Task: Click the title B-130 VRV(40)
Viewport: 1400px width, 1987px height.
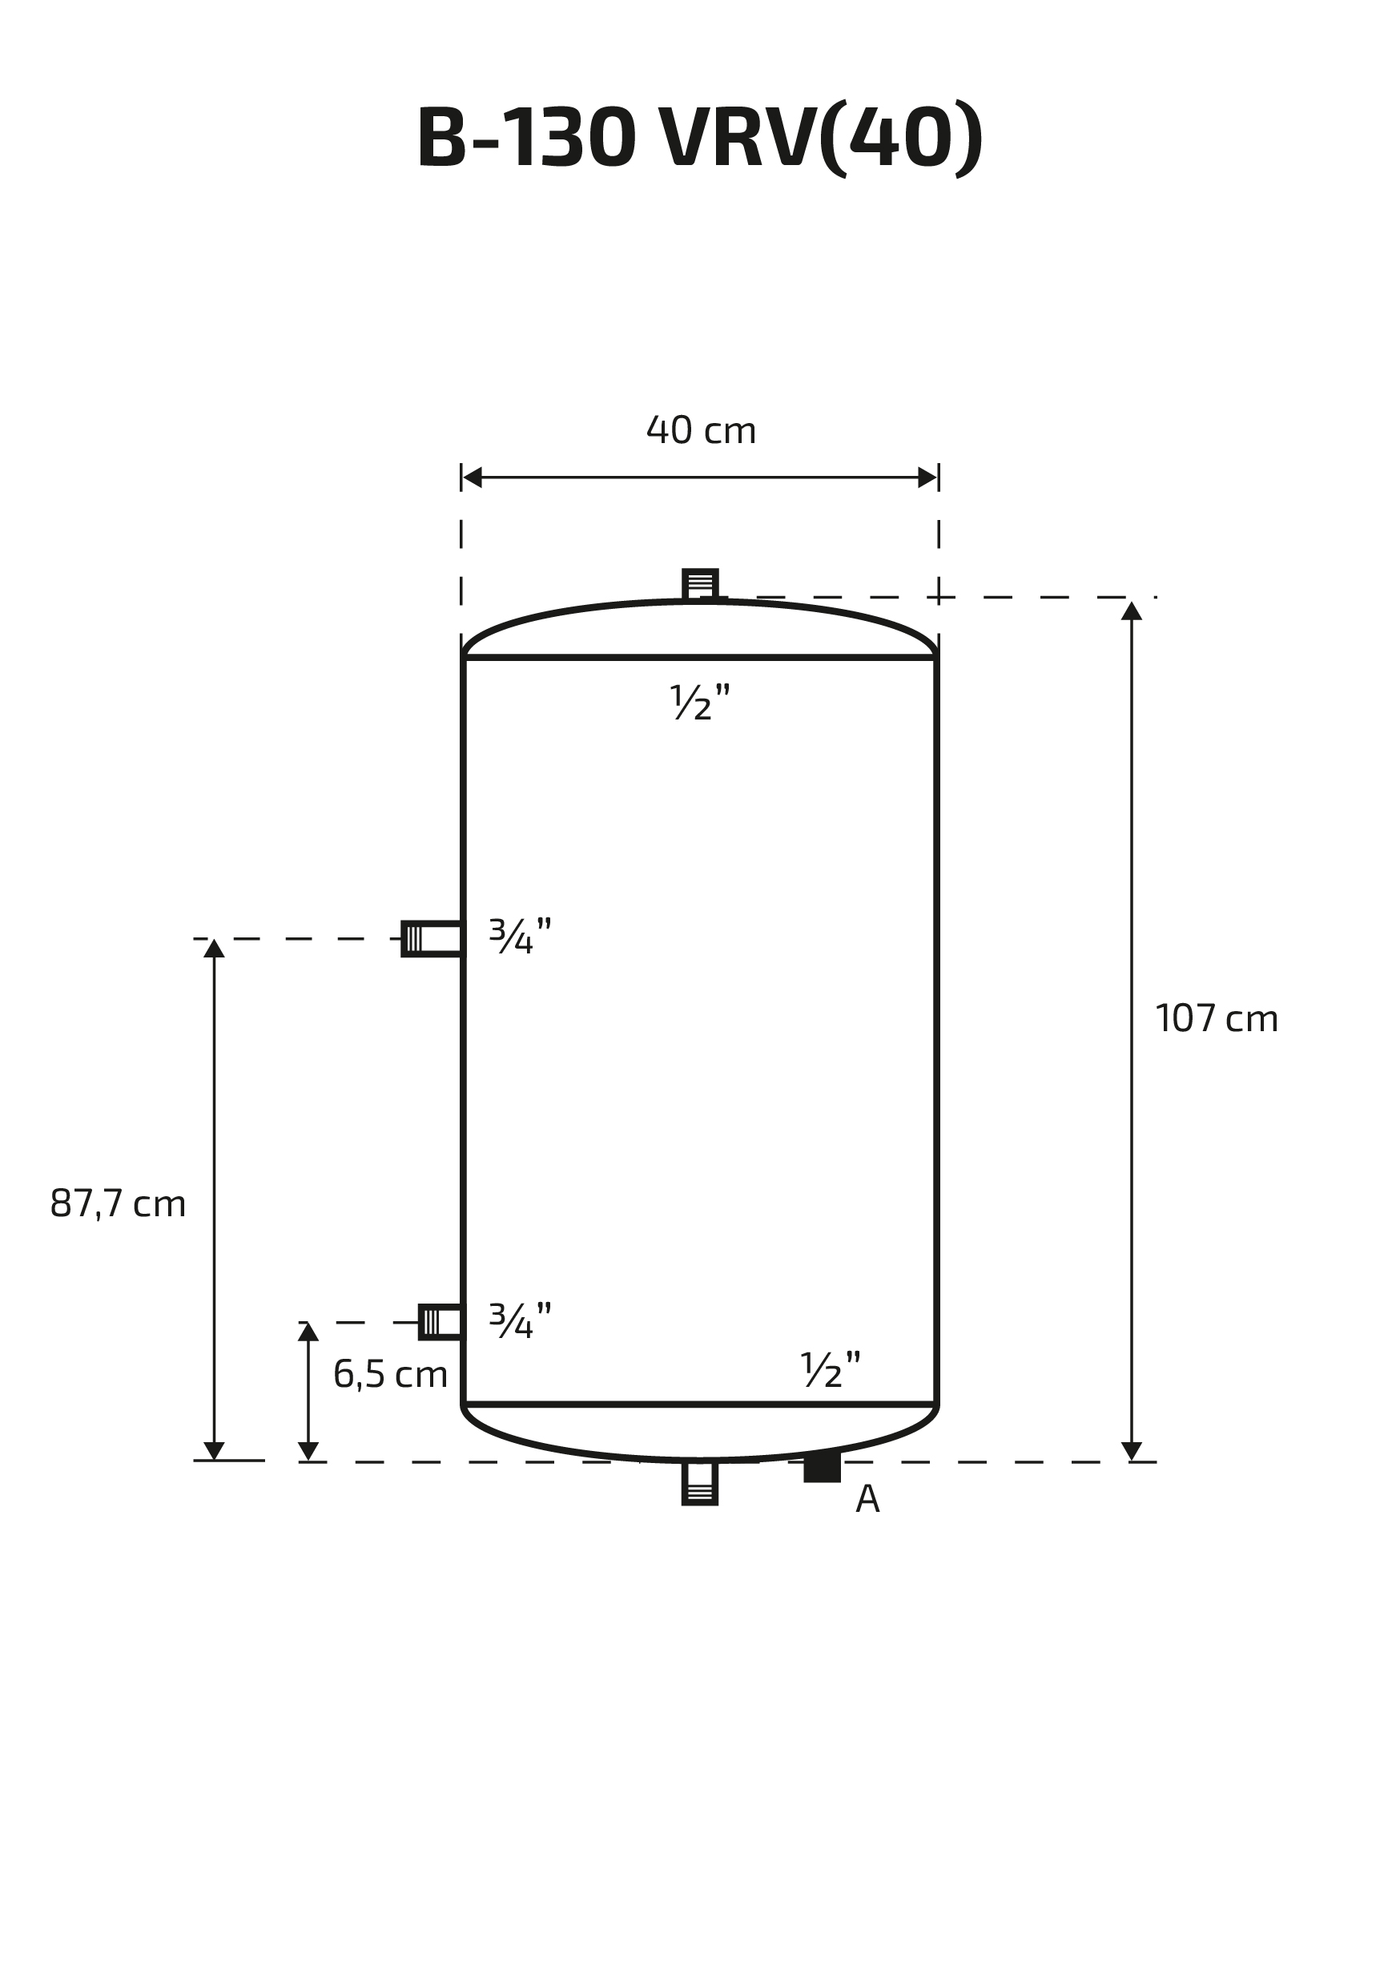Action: click(x=700, y=139)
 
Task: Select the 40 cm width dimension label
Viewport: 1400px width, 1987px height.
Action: click(x=701, y=430)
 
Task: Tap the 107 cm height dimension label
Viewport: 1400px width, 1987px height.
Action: click(x=1217, y=1018)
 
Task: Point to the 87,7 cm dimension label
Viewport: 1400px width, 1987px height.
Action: click(x=118, y=1203)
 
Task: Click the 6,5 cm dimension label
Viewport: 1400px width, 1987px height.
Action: click(x=390, y=1374)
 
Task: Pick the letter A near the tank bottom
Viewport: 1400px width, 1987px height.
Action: click(x=867, y=1499)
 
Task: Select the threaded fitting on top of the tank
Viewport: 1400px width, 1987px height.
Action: click(x=700, y=584)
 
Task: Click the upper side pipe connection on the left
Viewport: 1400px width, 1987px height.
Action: click(x=432, y=939)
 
